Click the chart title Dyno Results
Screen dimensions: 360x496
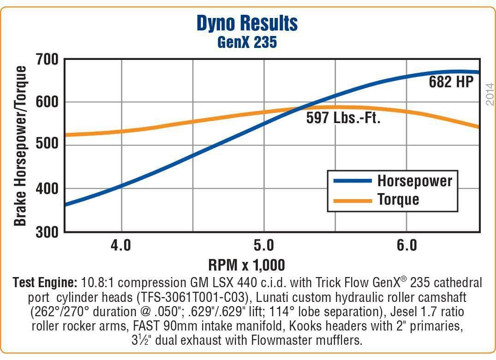[247, 23]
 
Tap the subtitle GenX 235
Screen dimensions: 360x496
[247, 42]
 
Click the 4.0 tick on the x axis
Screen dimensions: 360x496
[121, 245]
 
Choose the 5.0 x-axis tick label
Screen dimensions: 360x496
[263, 245]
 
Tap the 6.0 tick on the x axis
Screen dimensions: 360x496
[406, 245]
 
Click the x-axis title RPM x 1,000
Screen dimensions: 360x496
[247, 265]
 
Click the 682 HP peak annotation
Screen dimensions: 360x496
[451, 83]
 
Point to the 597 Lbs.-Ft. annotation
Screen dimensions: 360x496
[343, 118]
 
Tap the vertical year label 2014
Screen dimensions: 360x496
[490, 94]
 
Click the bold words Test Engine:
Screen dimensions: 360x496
[45, 282]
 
